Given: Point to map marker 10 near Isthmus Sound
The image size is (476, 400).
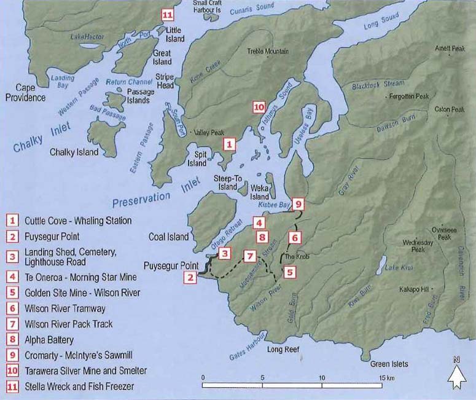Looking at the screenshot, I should pos(259,107).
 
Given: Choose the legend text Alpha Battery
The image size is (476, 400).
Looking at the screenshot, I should pos(49,339).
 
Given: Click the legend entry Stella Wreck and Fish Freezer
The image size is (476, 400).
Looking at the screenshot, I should pos(79,386).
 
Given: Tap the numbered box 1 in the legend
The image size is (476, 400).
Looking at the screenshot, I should pos(12,220).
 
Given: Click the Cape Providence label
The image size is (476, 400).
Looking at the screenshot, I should pos(26,93).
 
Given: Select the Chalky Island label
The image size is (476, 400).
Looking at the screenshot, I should pos(74,152).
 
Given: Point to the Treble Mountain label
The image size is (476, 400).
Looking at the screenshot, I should pos(268,52).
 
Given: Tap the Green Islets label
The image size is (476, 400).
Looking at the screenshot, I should pos(389,364).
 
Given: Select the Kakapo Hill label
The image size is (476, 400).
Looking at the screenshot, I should pos(413,288).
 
